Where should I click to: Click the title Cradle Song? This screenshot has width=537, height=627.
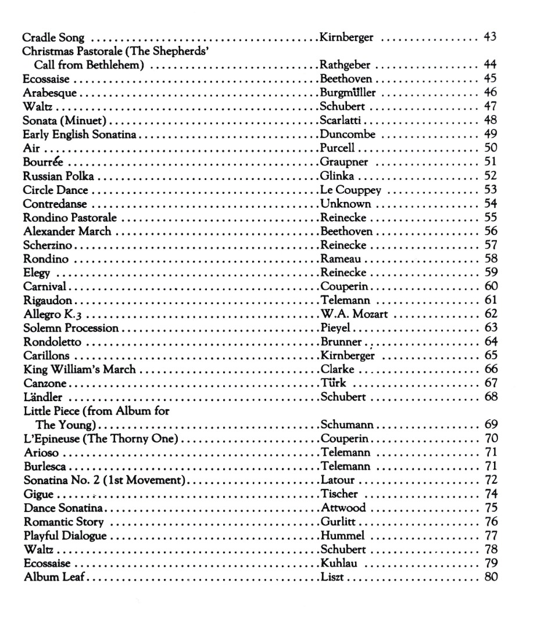[53, 39]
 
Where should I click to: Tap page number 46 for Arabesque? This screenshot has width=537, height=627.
[490, 92]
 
